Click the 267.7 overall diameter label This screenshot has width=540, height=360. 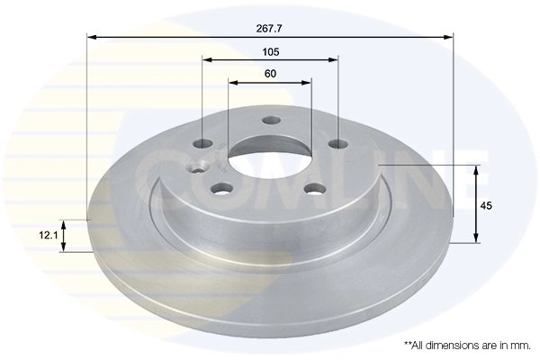269,28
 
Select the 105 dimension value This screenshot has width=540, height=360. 269,51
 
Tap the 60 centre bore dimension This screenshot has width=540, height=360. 269,73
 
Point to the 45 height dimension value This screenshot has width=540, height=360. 487,206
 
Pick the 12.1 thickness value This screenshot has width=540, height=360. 49,235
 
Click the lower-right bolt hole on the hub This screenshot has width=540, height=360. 314,188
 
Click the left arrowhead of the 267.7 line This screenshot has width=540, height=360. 91,37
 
